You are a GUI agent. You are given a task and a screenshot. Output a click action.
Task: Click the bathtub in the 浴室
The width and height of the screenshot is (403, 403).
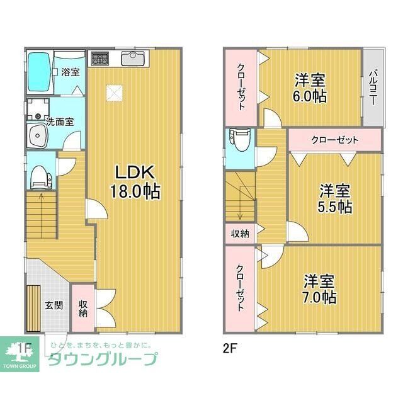[x=39, y=72]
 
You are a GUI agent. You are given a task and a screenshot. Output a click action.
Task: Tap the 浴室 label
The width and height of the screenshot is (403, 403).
[x=71, y=72]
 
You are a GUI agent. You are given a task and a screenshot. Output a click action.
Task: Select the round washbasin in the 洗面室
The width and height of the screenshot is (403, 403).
[x=37, y=135]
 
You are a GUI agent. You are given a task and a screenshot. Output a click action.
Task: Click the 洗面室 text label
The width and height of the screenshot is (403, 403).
[x=59, y=122]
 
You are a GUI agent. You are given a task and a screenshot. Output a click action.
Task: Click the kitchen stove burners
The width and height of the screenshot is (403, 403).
[x=100, y=59]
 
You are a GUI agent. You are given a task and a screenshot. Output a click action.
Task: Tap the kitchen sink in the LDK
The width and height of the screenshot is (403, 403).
[x=134, y=59]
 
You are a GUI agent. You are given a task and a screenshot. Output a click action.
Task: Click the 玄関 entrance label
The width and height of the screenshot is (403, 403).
[x=54, y=305]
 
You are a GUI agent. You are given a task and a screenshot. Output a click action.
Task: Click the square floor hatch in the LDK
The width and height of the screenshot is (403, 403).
[x=114, y=93]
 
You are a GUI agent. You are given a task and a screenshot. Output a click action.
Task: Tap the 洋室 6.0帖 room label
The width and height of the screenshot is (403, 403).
[x=310, y=88]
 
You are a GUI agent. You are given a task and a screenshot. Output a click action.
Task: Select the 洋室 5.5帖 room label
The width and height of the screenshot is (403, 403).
[x=335, y=198]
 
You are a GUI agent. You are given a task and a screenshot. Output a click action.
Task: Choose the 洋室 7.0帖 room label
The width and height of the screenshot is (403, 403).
[x=321, y=289]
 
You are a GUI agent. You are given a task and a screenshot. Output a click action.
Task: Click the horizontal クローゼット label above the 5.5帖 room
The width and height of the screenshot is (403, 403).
[x=334, y=139]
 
